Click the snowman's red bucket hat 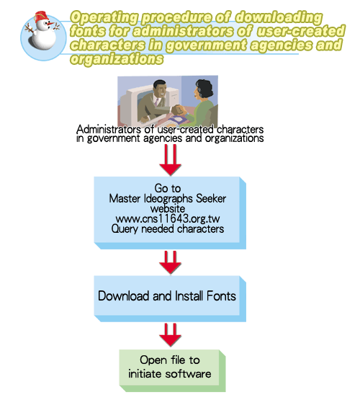click(41, 16)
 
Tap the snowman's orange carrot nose click(50, 24)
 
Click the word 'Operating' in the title click(104, 17)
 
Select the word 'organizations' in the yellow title click(117, 58)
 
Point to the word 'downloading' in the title click(279, 17)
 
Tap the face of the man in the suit click(161, 91)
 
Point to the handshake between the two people click(178, 110)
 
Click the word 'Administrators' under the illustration click(109, 130)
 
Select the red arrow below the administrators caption click(170, 160)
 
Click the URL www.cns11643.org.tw click(168, 218)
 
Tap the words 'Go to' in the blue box click(168, 188)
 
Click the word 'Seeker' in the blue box click(211, 199)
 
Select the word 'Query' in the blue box click(125, 229)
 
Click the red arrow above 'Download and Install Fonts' click(170, 262)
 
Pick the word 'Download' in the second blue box click(124, 296)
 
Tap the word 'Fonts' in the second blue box click(221, 296)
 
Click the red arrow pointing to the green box click(170, 335)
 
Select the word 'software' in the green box click(188, 374)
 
